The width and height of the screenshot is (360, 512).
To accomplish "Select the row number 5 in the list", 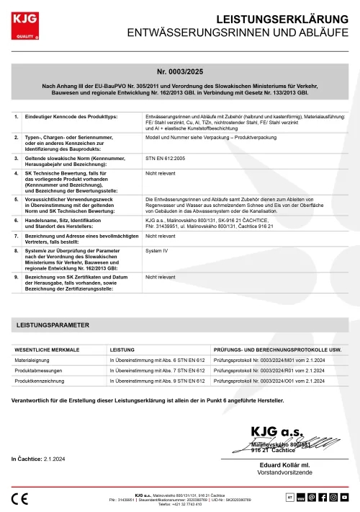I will point(17,199).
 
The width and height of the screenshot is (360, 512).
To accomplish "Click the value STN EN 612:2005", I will point(165,156).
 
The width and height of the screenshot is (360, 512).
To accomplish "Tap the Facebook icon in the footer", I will point(323,497).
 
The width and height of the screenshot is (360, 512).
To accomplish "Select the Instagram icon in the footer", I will point(334,497).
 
